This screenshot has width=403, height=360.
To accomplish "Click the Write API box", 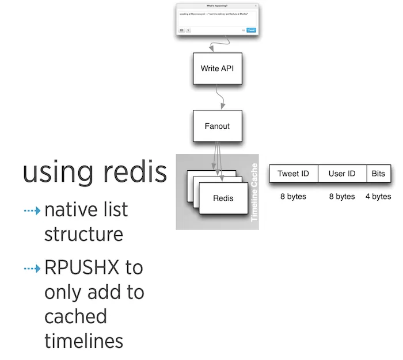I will click(x=217, y=68).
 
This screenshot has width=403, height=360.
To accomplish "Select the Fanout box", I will click(x=217, y=126).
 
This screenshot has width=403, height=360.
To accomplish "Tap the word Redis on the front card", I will click(x=223, y=198).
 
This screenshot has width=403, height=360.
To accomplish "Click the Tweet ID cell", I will click(x=293, y=174).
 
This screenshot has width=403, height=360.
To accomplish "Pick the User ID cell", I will click(x=342, y=174).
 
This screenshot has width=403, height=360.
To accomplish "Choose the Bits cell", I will click(x=378, y=174).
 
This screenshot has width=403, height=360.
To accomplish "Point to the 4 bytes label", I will click(x=378, y=197).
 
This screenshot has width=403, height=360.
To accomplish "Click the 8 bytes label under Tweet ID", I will click(x=293, y=197).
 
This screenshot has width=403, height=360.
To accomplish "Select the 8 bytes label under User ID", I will click(x=342, y=197).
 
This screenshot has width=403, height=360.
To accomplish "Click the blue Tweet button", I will click(x=251, y=30).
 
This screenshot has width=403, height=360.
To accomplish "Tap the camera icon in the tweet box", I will click(x=182, y=30).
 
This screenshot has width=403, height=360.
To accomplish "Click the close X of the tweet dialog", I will click(x=255, y=6).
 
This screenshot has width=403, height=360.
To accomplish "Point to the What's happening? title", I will click(x=217, y=6).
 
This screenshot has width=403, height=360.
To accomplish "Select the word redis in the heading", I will click(x=132, y=172).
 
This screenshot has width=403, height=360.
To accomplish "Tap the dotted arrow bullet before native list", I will click(x=32, y=211).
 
